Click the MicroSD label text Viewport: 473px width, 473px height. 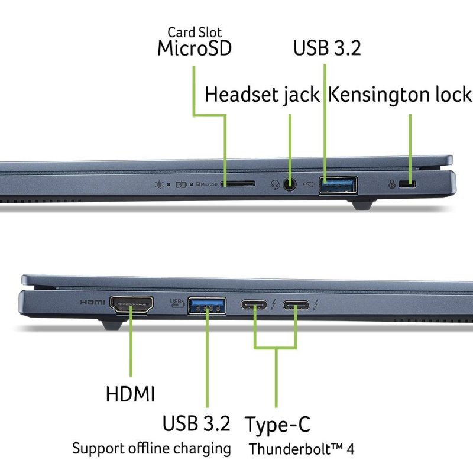(194, 48)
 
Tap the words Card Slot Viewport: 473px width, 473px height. (195, 31)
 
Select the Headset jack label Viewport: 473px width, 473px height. (262, 95)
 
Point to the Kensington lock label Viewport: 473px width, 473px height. (400, 95)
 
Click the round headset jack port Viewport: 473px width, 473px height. (290, 184)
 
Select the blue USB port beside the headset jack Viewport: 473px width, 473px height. (339, 184)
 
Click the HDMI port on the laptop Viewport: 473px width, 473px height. (131, 304)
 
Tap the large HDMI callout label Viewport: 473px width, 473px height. (131, 394)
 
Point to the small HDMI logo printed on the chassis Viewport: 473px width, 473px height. (93, 302)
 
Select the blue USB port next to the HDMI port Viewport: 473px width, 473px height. (208, 305)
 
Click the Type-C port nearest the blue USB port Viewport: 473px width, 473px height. (254, 305)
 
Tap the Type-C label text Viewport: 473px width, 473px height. (277, 424)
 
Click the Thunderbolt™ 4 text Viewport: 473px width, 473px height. (302, 449)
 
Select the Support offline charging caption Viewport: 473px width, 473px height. (151, 448)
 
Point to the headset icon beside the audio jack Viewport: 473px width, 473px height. (275, 184)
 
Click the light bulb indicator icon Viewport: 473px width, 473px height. (158, 184)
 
